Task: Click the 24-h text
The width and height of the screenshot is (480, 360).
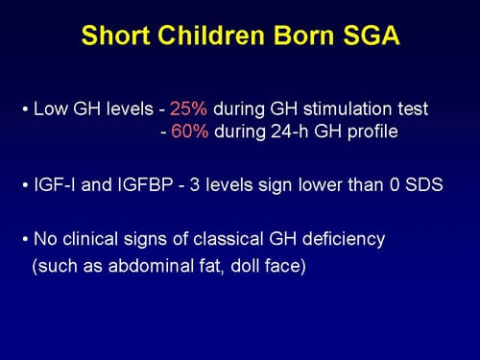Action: point(292,132)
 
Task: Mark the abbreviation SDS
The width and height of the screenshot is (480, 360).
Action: point(422,185)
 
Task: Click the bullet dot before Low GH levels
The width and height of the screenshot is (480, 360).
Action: point(25,108)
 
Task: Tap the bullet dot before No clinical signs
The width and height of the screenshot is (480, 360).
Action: point(25,239)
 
